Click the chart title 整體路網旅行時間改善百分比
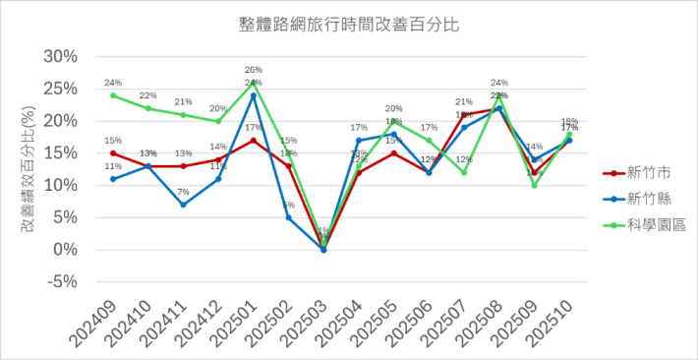349,21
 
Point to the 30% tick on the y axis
63,56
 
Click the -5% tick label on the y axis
63,282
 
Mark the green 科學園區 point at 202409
113,95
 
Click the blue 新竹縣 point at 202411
183,205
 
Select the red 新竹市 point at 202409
113,153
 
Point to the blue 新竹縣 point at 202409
113,179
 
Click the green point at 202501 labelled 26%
254,83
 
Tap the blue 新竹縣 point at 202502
288,217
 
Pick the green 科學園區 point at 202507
464,172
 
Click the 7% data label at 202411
183,192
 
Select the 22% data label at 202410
147,96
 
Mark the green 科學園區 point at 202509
534,185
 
